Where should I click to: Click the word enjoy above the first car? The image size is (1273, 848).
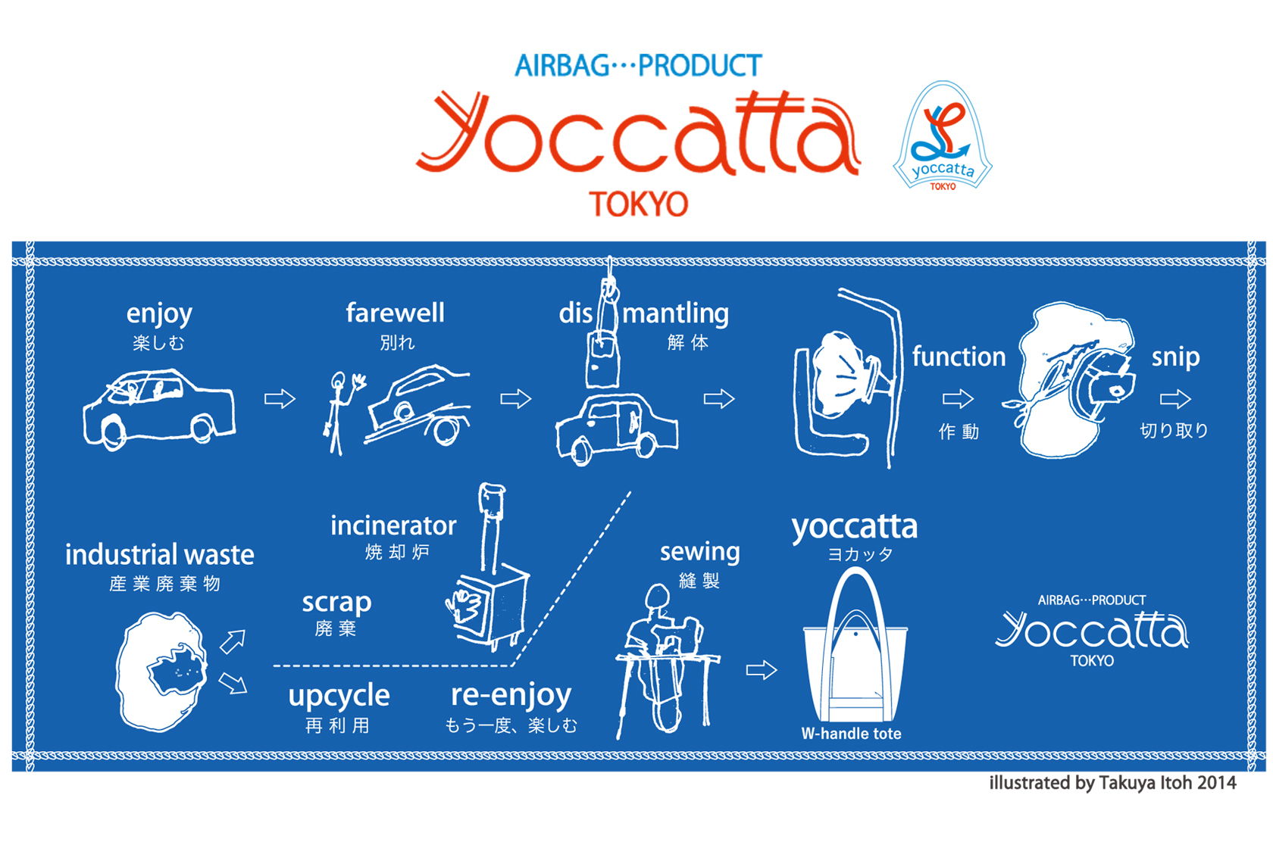[159, 315]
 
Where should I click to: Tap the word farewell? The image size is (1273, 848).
[395, 313]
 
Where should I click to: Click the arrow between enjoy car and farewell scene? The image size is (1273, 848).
[280, 399]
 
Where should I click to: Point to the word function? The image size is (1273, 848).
[959, 357]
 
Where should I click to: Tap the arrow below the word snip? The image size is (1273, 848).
[1175, 399]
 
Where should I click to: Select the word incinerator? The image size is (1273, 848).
[393, 526]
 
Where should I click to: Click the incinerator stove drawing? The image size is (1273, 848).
[489, 568]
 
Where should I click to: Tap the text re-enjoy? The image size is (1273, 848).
[511, 695]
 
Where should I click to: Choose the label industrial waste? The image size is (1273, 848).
[160, 555]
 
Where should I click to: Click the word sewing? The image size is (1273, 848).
[699, 552]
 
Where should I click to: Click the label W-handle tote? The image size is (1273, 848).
[851, 733]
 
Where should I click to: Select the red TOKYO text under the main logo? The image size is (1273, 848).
[638, 204]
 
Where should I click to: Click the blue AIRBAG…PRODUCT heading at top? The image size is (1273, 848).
[638, 66]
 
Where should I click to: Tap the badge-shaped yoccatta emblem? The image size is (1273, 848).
[943, 136]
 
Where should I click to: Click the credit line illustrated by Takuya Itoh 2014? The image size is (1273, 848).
[1112, 783]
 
